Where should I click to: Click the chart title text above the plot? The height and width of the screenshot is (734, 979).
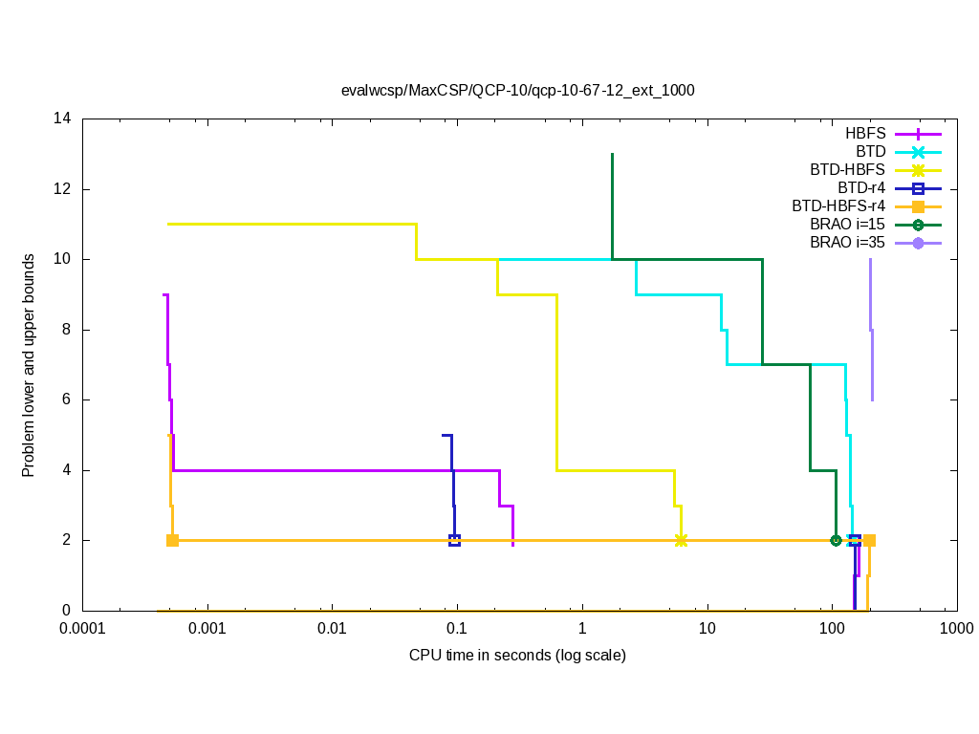(x=517, y=91)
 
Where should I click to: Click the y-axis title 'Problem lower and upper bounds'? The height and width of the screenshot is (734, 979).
(x=30, y=365)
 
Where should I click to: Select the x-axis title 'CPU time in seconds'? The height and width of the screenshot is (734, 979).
(x=517, y=655)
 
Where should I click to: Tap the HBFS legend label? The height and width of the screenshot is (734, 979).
(x=865, y=133)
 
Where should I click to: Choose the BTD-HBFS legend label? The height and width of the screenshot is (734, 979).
(x=847, y=169)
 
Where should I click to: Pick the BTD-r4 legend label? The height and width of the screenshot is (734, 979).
(x=860, y=187)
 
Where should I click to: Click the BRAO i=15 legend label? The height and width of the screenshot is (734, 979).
(x=846, y=225)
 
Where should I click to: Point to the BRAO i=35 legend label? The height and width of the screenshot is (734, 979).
(x=846, y=243)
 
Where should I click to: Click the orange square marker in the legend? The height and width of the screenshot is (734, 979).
(x=918, y=206)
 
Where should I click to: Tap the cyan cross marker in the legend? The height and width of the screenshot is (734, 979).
(x=918, y=151)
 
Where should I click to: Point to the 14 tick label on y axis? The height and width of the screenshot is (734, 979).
(x=63, y=119)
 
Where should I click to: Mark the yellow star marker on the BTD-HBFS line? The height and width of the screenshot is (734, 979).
(x=681, y=540)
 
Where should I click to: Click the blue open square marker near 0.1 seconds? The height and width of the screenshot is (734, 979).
(x=454, y=540)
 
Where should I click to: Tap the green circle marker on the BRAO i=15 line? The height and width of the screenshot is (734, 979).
(x=836, y=540)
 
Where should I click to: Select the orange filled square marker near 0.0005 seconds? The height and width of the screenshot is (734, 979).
(x=172, y=540)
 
